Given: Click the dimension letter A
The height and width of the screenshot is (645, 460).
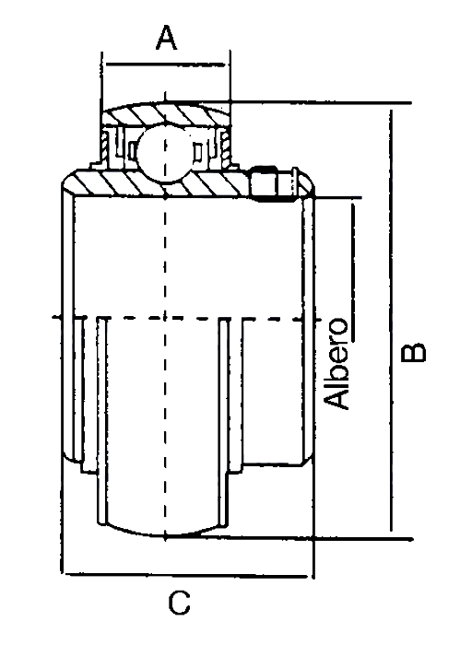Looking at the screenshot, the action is coord(166,38).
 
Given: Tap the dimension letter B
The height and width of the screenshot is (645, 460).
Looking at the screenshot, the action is coord(414,353).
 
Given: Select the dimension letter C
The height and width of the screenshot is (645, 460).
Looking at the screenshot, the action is coord(180,603).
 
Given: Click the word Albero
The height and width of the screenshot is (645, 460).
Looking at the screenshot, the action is coord(336,363).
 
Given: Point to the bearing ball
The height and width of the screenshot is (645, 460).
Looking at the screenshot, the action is coord(165,151).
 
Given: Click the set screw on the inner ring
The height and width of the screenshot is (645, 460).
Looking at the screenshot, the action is coord(273,183).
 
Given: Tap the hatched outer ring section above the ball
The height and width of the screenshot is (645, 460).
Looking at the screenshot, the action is coord(165,112).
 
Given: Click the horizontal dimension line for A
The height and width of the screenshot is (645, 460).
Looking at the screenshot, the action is coord(165,64).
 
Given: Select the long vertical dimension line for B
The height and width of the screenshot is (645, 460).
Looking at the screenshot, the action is coord(390,321).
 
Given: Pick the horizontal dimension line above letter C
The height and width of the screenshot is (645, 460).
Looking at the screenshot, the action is coord(186,575).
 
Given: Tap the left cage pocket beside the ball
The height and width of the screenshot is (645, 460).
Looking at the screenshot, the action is coord(132,150).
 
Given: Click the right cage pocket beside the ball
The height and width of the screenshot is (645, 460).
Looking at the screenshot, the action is coord(198,150).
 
